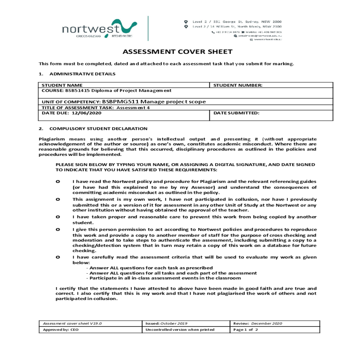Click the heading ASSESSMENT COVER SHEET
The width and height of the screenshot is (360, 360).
(178, 52)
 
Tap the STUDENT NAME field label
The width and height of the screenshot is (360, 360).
(62, 85)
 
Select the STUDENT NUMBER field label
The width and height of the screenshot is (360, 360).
(238, 85)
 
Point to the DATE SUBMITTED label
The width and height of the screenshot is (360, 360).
(236, 113)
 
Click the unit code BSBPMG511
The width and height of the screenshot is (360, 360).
(120, 102)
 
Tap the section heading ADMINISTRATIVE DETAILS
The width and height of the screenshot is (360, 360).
(82, 74)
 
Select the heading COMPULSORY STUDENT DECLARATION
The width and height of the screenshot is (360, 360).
(98, 129)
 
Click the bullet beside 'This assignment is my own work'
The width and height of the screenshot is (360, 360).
(58, 199)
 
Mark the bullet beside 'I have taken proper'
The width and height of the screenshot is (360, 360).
(58, 217)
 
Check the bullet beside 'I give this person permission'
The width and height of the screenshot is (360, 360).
(58, 229)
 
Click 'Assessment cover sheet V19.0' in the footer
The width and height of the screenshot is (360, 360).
(72, 323)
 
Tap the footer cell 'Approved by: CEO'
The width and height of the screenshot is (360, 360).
(61, 330)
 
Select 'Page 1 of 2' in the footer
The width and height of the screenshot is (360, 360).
(245, 330)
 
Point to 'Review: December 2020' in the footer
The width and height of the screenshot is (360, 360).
(258, 323)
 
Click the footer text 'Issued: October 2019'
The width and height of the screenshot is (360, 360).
(166, 323)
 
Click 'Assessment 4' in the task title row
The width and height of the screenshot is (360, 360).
(133, 108)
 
